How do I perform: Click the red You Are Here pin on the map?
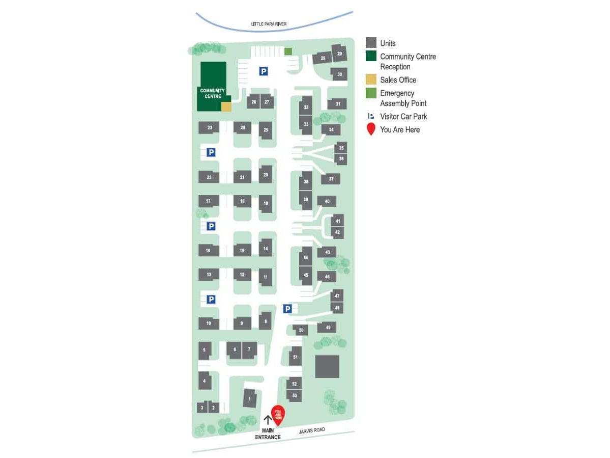tap(278, 414)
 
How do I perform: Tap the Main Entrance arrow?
tap(268, 420)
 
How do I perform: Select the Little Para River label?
tap(269, 24)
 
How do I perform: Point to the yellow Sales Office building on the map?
tap(226, 106)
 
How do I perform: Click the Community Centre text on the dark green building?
tap(212, 93)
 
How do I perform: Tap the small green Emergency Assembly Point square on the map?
tap(288, 51)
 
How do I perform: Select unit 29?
tap(339, 53)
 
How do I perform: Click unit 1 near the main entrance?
tap(249, 398)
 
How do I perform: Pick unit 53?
tap(294, 395)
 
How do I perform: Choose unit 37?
tap(331, 179)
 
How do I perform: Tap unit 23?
tap(209, 127)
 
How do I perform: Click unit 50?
tap(301, 330)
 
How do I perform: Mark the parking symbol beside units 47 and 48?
tap(287, 308)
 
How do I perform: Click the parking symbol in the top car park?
tap(263, 71)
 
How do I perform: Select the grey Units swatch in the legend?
tap(371, 43)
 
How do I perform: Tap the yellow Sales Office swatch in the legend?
tap(371, 79)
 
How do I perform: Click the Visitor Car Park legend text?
tap(403, 116)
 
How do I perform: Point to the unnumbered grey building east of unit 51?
tap(327, 366)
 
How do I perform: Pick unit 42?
tap(337, 232)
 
